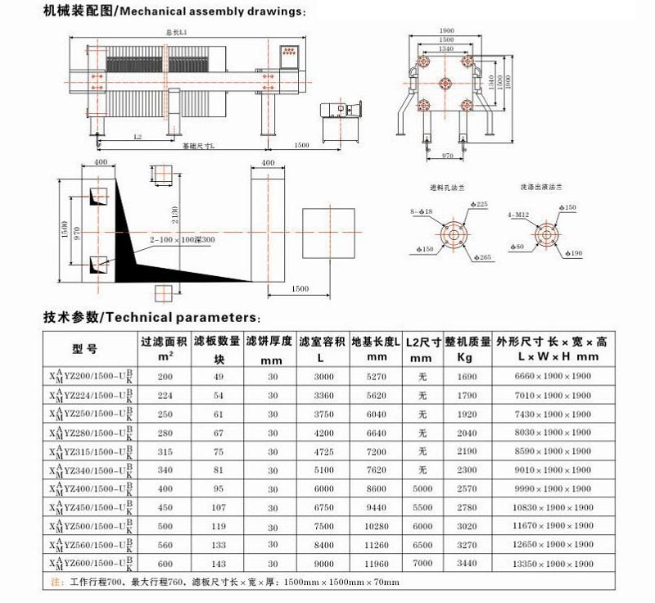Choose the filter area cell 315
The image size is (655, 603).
pyautogui.click(x=166, y=452)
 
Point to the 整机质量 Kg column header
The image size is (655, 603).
pyautogui.click(x=467, y=348)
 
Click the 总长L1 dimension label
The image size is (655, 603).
pyautogui.click(x=177, y=32)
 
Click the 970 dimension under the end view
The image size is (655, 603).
pyautogui.click(x=447, y=155)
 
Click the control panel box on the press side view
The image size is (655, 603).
pyautogui.click(x=290, y=55)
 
